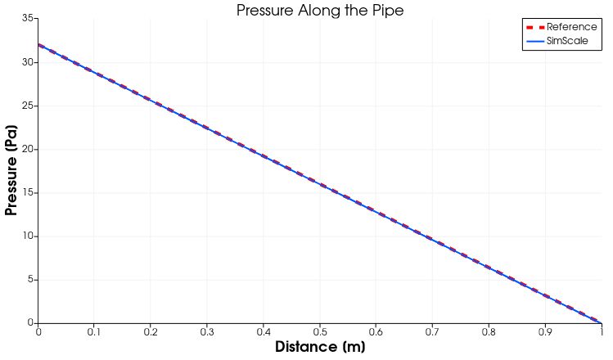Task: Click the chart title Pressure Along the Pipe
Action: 320,10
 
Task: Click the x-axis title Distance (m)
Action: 320,347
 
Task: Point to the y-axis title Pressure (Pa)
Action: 11,171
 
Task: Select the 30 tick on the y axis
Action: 28,62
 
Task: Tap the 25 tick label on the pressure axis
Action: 28,106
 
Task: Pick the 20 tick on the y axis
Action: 28,149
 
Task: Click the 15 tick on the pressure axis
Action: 28,193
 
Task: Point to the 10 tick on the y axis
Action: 28,236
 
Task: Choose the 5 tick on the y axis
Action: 30,280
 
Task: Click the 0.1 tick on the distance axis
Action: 94,331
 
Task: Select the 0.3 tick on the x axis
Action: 207,331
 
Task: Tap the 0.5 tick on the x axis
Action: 320,331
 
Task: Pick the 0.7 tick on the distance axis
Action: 433,331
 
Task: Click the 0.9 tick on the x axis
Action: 546,331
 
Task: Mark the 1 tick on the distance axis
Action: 602,331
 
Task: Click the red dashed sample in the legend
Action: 535,27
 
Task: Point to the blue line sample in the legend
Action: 535,41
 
